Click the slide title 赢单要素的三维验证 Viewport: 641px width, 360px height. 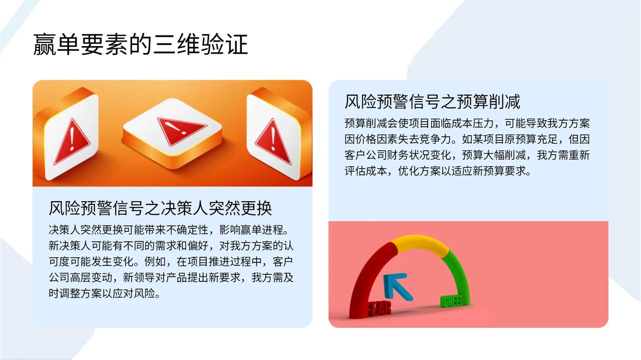click(141, 44)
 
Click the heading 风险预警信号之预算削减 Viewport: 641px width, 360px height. click(432, 102)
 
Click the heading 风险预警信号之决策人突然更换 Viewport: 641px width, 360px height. click(160, 208)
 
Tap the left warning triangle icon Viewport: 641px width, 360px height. click(72, 142)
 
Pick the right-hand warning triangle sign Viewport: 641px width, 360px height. click(273, 142)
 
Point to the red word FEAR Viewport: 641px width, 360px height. click(379, 309)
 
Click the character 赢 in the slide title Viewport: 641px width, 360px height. click(45, 44)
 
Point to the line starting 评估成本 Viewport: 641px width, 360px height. click(438, 171)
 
